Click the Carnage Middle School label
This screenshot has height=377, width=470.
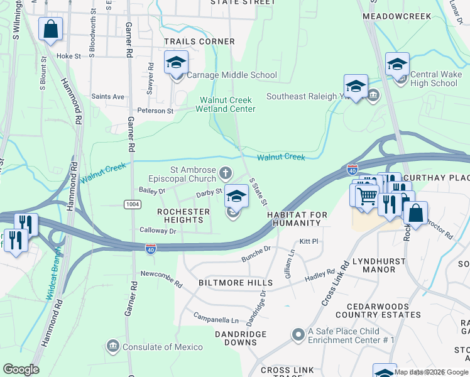(x=232, y=75)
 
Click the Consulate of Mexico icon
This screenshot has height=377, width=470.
(x=113, y=346)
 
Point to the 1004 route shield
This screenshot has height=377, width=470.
(x=132, y=204)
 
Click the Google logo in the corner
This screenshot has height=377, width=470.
(x=20, y=369)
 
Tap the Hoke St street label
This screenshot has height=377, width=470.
(x=69, y=56)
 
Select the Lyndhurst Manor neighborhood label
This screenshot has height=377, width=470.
(x=374, y=265)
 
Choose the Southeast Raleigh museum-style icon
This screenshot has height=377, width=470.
(x=373, y=96)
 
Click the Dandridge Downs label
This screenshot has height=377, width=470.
(x=236, y=338)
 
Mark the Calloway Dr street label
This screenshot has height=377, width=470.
(x=158, y=231)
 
